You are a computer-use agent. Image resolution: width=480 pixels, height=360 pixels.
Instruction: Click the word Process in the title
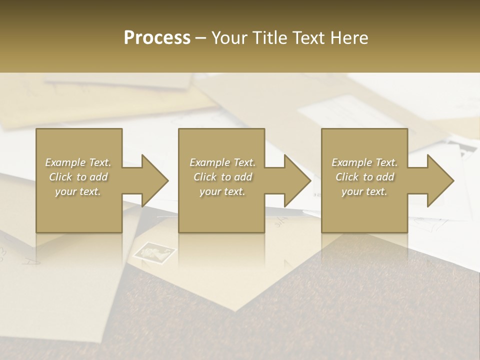157,38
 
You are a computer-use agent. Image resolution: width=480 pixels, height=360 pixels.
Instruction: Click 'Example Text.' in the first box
78,162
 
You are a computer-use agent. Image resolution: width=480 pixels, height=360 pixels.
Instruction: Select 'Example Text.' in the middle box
222,162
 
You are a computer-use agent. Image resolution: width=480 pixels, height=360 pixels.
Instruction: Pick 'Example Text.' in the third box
364,162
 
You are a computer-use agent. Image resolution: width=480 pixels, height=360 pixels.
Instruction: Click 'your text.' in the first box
78,191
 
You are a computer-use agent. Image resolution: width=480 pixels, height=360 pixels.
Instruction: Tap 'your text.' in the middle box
222,191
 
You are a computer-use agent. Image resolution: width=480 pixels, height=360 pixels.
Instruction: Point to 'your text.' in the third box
364,191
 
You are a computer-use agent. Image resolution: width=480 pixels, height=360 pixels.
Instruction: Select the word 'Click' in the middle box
205,177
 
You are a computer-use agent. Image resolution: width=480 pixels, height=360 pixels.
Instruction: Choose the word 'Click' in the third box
347,177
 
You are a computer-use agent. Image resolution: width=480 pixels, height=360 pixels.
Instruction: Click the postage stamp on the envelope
154,252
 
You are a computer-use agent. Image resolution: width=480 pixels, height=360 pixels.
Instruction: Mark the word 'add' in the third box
386,177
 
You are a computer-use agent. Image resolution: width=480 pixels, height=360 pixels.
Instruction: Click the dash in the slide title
201,38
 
